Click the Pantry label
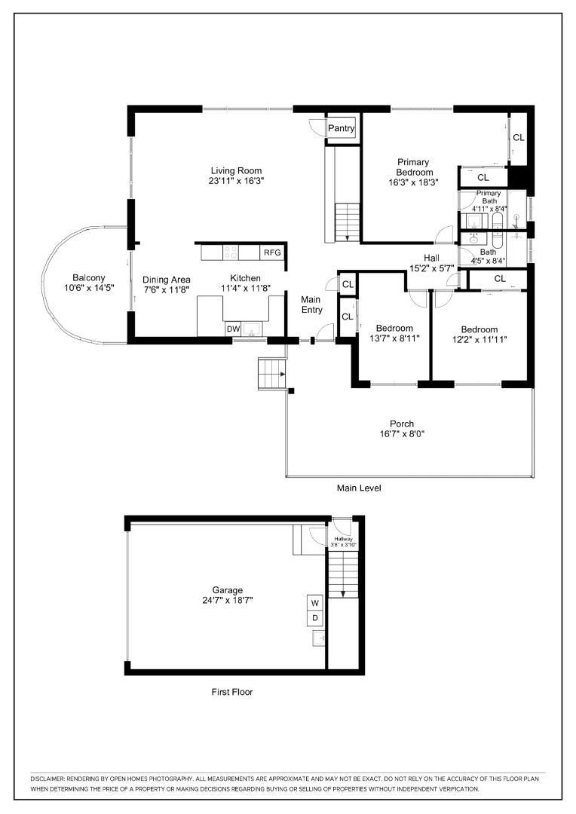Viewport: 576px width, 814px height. (342, 128)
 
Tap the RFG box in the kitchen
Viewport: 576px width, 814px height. (272, 252)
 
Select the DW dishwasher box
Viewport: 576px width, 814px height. (233, 329)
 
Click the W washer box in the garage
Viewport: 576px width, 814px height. (315, 603)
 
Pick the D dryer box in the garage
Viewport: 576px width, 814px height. (315, 618)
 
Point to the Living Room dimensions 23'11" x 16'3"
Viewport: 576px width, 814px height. (237, 181)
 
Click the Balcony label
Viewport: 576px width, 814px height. (89, 277)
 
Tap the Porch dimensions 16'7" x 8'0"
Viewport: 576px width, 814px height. (402, 434)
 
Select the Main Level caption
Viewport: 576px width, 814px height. (359, 488)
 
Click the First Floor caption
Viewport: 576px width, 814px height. (232, 692)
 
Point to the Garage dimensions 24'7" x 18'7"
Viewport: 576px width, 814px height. (228, 600)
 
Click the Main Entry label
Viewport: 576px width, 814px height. (311, 304)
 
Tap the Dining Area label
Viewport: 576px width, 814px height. (166, 280)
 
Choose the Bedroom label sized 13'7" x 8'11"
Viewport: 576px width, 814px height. (395, 328)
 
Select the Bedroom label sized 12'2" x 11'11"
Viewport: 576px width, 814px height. (479, 329)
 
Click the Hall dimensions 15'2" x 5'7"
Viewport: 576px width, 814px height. (431, 268)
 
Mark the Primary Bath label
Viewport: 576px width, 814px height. (489, 197)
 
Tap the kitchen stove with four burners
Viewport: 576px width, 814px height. (231, 252)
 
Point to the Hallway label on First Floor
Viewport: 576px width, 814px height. (344, 539)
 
